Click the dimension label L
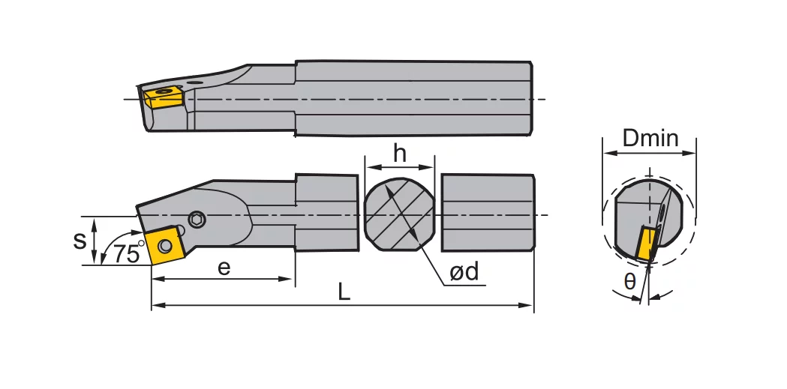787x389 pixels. click(x=344, y=292)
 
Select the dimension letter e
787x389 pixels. click(x=224, y=268)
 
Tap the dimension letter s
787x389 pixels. click(x=80, y=240)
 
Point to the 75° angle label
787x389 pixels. click(x=128, y=253)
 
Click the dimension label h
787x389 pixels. click(x=400, y=153)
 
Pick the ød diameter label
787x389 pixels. click(x=464, y=272)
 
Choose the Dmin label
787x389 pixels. click(x=650, y=139)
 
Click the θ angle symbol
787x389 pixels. click(x=629, y=282)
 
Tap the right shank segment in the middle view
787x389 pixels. click(x=488, y=214)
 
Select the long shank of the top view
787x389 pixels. click(x=413, y=97)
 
